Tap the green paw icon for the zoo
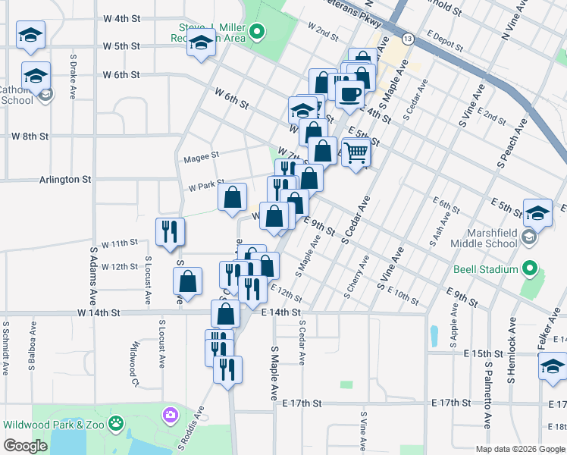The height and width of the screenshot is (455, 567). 116,423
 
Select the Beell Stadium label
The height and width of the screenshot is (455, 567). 486,269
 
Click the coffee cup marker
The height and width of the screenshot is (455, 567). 349,94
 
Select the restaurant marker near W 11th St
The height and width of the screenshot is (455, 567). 170,231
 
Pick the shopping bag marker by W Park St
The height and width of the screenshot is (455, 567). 232,198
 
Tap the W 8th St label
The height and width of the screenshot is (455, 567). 30,136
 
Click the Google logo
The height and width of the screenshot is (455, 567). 26,445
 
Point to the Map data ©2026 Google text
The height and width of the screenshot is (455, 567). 519,449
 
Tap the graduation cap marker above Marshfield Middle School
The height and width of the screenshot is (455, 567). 537,215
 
